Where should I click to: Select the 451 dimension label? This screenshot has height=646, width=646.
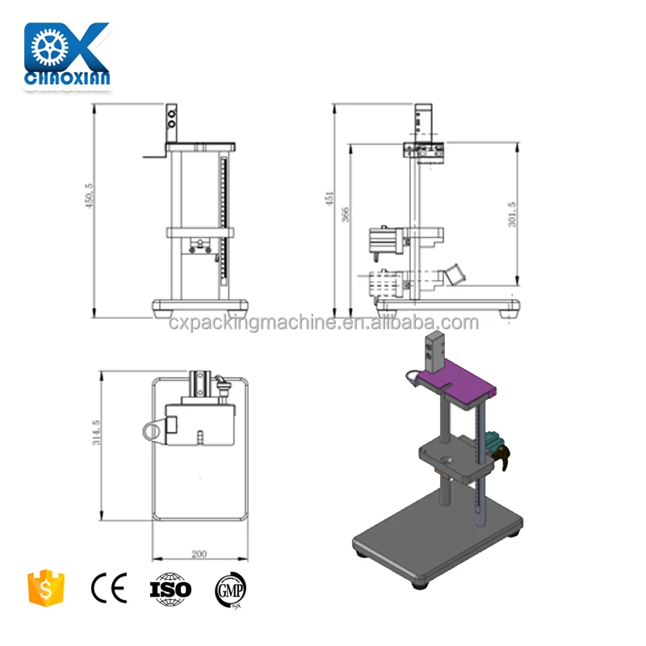[329, 199]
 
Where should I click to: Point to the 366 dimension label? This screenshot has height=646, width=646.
[346, 215]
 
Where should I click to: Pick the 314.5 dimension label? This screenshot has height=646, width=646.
[96, 432]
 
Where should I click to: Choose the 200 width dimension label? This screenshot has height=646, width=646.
[199, 555]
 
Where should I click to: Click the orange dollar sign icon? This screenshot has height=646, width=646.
[45, 587]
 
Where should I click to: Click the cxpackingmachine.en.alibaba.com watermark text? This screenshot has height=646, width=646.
[324, 323]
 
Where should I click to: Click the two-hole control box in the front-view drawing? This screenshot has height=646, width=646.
[171, 121]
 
